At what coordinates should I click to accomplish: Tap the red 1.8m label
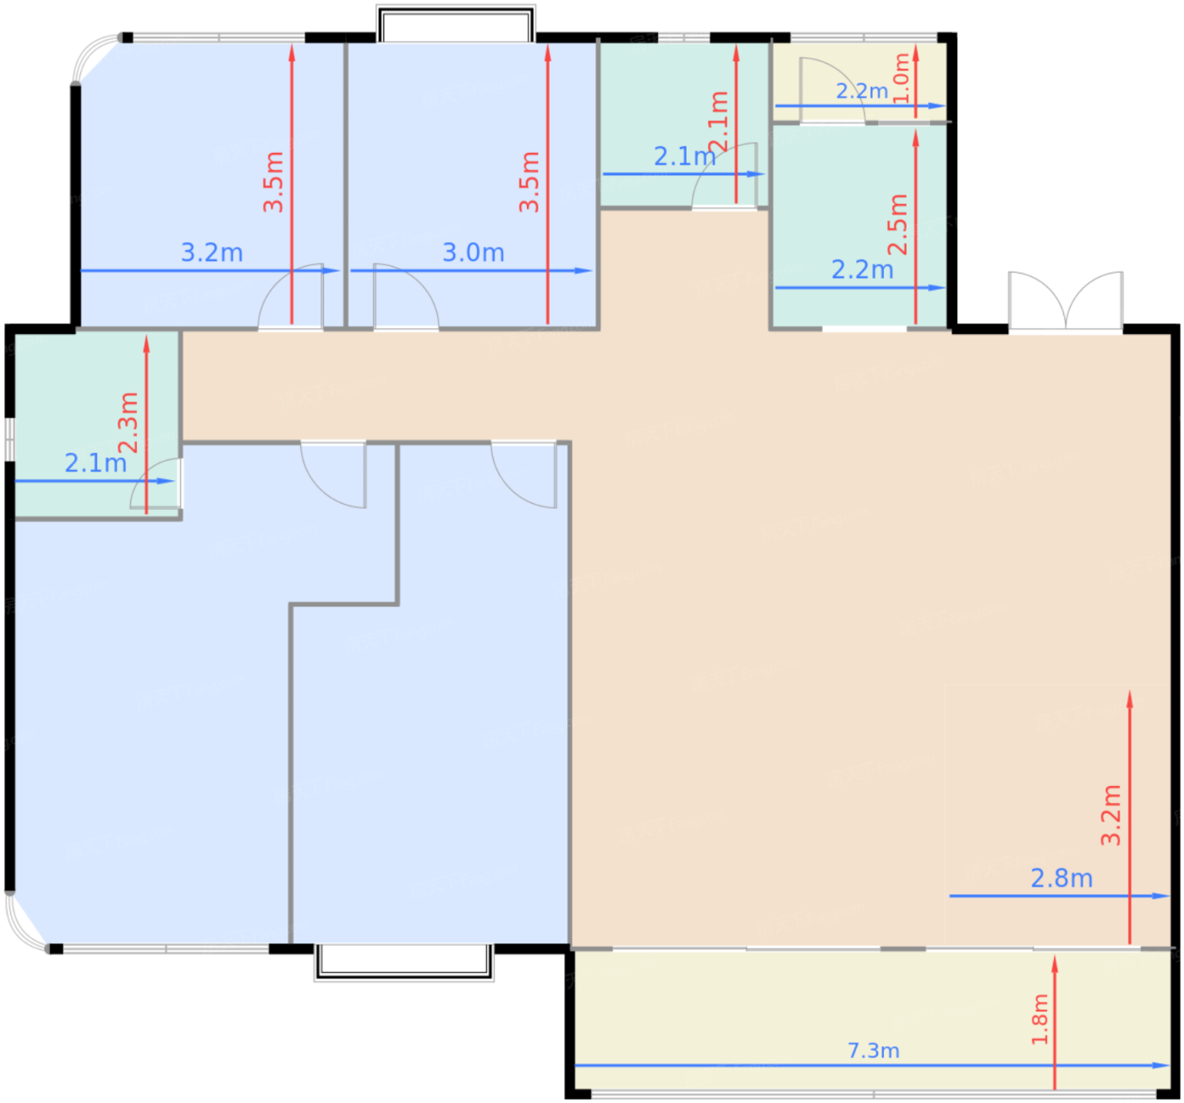pos(1039,1019)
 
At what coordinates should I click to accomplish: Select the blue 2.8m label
pos(1061,878)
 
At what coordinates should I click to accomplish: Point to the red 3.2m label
pos(1110,815)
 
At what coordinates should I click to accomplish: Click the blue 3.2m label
pos(211,253)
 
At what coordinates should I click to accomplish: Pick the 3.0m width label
pos(473,253)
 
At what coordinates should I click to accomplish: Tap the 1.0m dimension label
pos(902,78)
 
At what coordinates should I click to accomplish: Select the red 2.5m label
pos(897,224)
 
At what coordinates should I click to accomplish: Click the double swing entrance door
pos(1065,302)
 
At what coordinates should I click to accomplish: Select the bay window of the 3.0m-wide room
pos(456,24)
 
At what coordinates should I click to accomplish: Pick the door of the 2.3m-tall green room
pos(156,483)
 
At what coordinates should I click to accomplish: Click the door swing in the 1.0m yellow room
pos(831,90)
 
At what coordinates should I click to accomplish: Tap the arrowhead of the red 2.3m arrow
pos(146,345)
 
